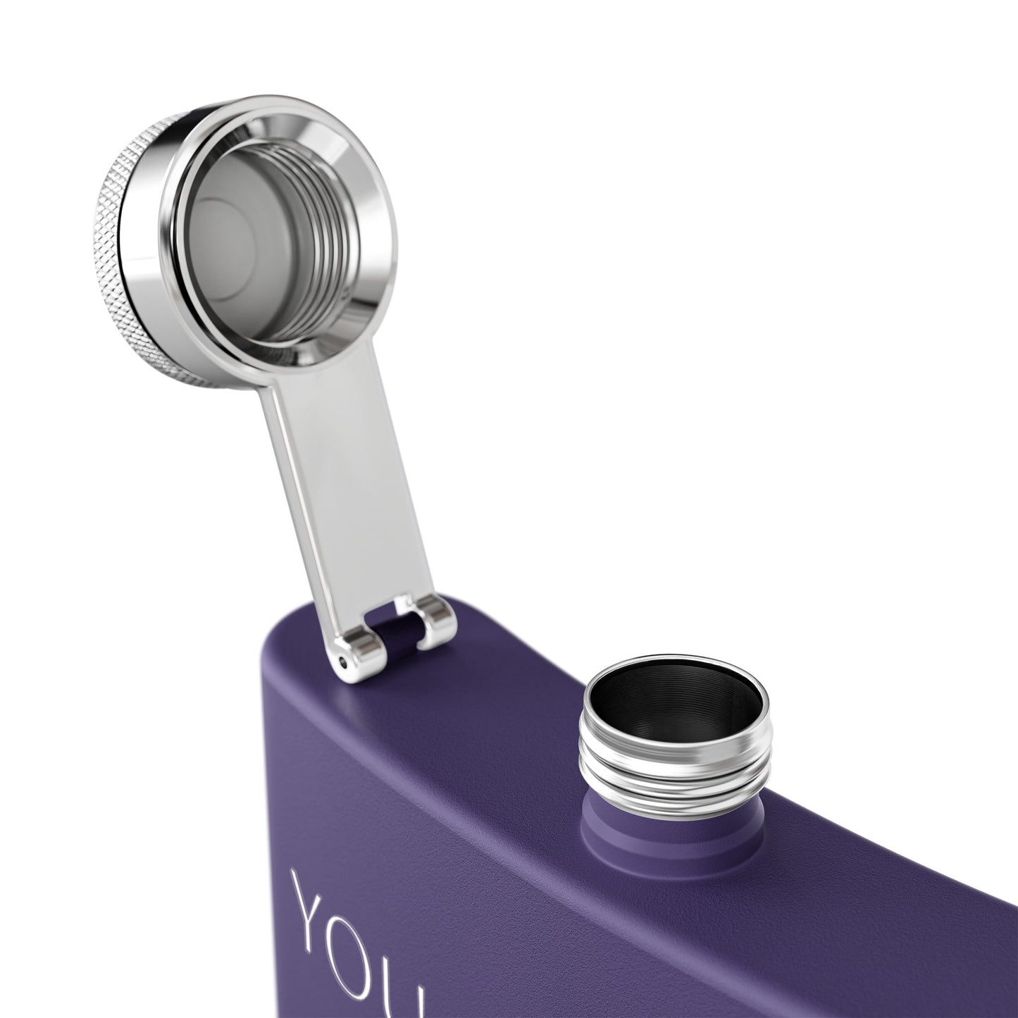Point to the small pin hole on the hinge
click(x=344, y=662)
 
